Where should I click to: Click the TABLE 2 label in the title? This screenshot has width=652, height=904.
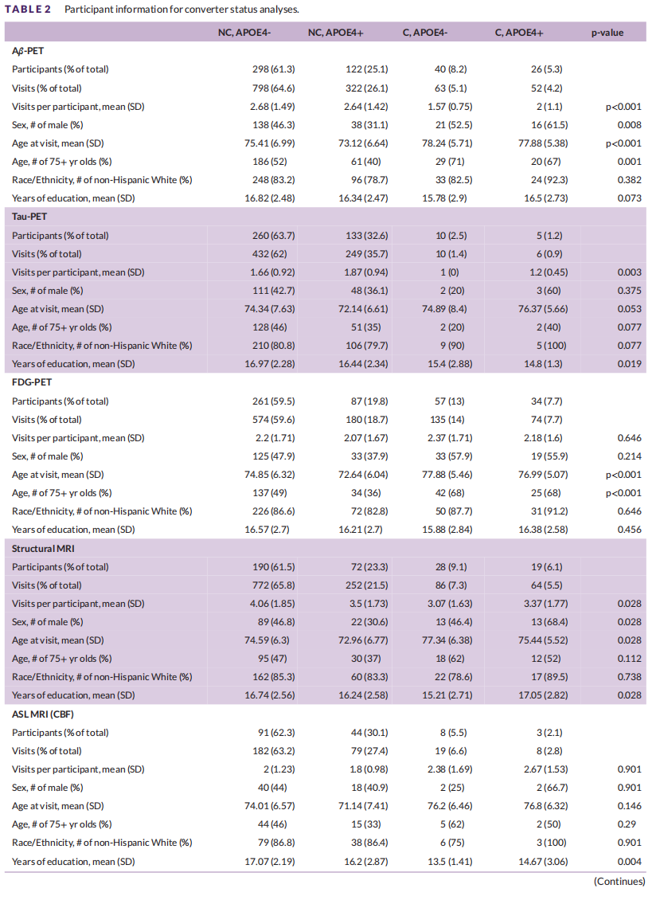click(x=28, y=10)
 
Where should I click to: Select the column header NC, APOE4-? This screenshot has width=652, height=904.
click(x=244, y=33)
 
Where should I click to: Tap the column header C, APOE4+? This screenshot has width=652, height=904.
click(x=519, y=33)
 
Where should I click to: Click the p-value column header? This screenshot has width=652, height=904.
click(x=607, y=33)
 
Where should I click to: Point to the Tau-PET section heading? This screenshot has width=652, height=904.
click(x=29, y=217)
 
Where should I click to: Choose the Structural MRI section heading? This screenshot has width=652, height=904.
click(x=43, y=548)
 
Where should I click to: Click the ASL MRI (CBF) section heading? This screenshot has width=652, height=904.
click(x=43, y=714)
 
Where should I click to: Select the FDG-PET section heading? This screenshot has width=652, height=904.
click(x=32, y=382)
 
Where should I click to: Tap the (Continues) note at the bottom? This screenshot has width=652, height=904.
click(x=619, y=881)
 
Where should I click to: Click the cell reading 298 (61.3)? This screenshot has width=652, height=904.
click(x=273, y=69)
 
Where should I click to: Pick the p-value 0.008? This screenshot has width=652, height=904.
click(x=630, y=124)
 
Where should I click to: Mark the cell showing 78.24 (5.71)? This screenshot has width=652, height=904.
click(x=447, y=143)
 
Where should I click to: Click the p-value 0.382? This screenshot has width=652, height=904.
click(x=630, y=180)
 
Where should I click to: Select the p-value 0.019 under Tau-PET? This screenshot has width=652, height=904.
click(x=630, y=364)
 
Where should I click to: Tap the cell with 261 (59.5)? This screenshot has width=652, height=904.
click(x=273, y=401)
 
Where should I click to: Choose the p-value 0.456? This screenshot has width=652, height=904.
click(x=630, y=529)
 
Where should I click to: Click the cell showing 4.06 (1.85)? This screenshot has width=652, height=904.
click(x=272, y=604)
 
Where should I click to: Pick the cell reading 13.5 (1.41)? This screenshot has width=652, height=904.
click(x=451, y=861)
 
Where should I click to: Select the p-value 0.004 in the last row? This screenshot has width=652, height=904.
click(x=630, y=861)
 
